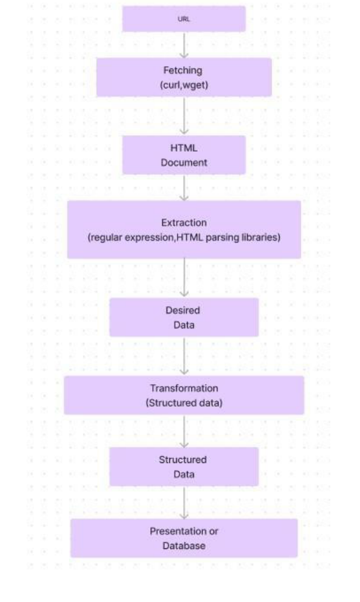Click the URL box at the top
(x=184, y=19)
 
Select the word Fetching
(x=184, y=71)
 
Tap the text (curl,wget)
(x=184, y=85)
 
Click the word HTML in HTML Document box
(x=184, y=148)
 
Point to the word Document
(x=184, y=162)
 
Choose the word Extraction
(x=184, y=223)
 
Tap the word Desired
(x=184, y=310)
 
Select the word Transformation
(x=184, y=388)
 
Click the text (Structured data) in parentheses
(x=184, y=402)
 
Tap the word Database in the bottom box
(x=184, y=546)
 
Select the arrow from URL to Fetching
(x=184, y=45)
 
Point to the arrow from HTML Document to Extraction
(x=184, y=188)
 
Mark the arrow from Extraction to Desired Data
(x=184, y=278)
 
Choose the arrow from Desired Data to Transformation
(x=184, y=356)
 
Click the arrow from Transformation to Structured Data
(x=184, y=431)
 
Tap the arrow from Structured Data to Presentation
(x=184, y=503)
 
